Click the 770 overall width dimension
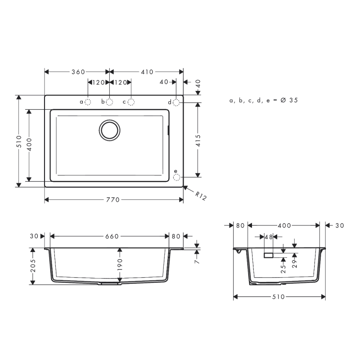tap(113, 200)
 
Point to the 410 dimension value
tap(147, 72)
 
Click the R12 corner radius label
tap(201, 196)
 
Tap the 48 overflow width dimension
tap(269, 236)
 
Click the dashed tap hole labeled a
tap(88, 102)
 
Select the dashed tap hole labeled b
tap(109, 102)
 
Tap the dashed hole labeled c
tap(131, 102)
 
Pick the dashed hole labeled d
tap(176, 102)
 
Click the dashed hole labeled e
tap(176, 177)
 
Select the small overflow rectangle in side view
tap(269, 255)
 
